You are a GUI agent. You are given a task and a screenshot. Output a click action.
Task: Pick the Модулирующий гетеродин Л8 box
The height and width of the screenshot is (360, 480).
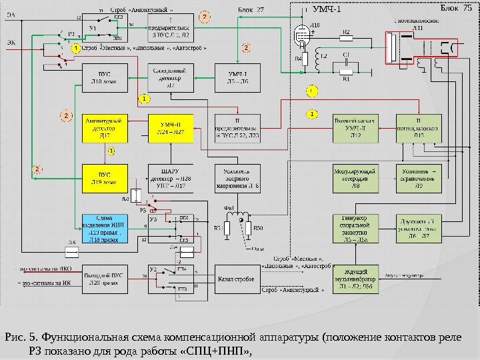pyautogui.click(x=356, y=178)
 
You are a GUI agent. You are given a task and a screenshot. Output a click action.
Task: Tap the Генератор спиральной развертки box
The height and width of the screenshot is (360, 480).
pyautogui.click(x=356, y=229)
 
